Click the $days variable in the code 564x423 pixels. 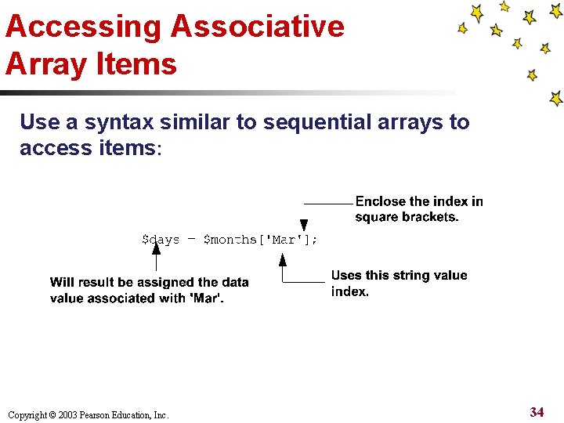[x=161, y=240]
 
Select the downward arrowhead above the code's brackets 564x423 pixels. [x=304, y=225]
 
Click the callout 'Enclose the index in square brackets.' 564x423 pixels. [x=419, y=209]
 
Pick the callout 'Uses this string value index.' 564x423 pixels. [x=399, y=283]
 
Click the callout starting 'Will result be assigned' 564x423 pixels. [x=149, y=290]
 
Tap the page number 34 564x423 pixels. [x=537, y=412]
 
